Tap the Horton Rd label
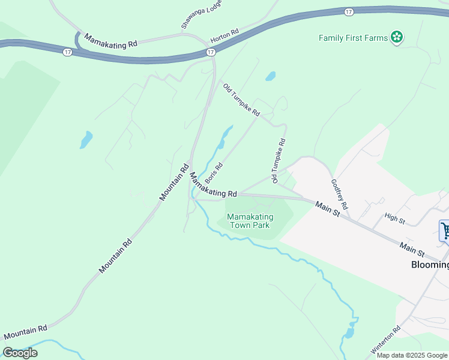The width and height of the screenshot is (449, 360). [x=224, y=35]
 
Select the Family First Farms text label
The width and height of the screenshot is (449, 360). [x=354, y=38]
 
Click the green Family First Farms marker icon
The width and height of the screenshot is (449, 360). [x=396, y=38]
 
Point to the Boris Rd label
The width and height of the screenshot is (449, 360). [x=214, y=172]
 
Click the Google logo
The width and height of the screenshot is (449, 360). [x=20, y=353]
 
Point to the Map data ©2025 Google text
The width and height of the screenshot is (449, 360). [x=412, y=355]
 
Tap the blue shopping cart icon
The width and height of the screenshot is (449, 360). [x=445, y=231]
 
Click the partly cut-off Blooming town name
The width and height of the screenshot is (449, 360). [x=430, y=265]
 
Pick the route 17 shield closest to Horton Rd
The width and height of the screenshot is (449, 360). [x=210, y=53]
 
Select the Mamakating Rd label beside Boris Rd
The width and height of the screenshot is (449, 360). [x=214, y=187]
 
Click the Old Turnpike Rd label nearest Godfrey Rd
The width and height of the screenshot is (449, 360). [x=279, y=160]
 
